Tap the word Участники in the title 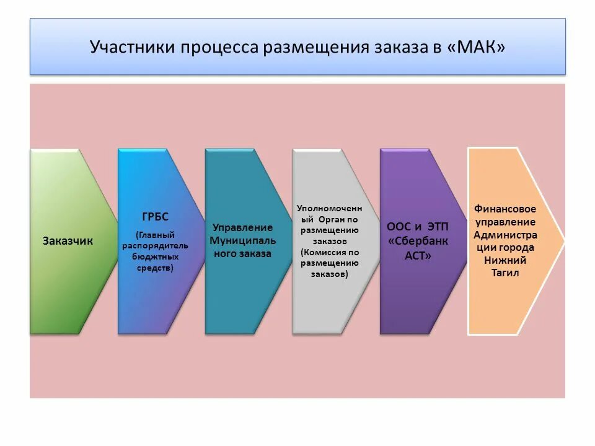pyautogui.click(x=132, y=47)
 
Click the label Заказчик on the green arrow pyautogui.click(x=68, y=241)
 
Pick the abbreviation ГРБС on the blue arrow pyautogui.click(x=155, y=217)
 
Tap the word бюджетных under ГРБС pyautogui.click(x=158, y=256)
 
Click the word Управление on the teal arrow pyautogui.click(x=242, y=227)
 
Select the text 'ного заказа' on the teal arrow pyautogui.click(x=242, y=253)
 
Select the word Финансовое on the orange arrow pyautogui.click(x=505, y=209)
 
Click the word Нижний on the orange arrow pyautogui.click(x=505, y=260)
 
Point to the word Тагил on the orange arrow pyautogui.click(x=505, y=273)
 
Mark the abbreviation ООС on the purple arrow pyautogui.click(x=399, y=227)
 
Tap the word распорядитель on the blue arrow pyautogui.click(x=158, y=245)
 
